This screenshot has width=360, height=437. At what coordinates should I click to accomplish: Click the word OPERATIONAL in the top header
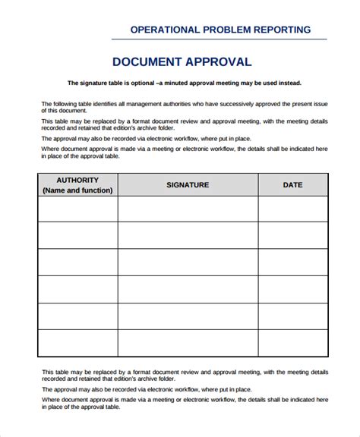click(x=165, y=30)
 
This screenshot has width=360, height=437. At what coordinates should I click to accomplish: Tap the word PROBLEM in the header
click(x=223, y=30)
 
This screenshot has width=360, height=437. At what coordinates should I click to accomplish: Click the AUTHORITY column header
click(x=77, y=180)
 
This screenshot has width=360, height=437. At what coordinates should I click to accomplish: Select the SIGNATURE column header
click(x=188, y=185)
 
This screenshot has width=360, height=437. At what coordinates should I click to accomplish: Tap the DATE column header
click(x=292, y=185)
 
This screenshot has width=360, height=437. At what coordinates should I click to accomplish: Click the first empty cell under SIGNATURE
click(x=188, y=209)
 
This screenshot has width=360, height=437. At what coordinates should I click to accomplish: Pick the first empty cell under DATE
click(x=292, y=209)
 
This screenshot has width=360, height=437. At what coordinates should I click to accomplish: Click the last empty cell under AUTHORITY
click(x=77, y=343)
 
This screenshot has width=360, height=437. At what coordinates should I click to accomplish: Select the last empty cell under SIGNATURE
click(x=188, y=343)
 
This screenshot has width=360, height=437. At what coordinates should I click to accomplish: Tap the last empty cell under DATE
click(x=292, y=343)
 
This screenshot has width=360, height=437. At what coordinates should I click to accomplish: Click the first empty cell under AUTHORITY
click(x=77, y=209)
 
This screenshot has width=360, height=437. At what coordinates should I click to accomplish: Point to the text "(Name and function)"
click(x=77, y=190)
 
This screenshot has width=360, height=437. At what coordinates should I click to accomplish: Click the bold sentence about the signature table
click(x=184, y=83)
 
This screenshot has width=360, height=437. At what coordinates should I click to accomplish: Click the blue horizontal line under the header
click(x=219, y=39)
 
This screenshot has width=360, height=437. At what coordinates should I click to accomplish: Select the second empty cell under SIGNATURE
click(x=188, y=235)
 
